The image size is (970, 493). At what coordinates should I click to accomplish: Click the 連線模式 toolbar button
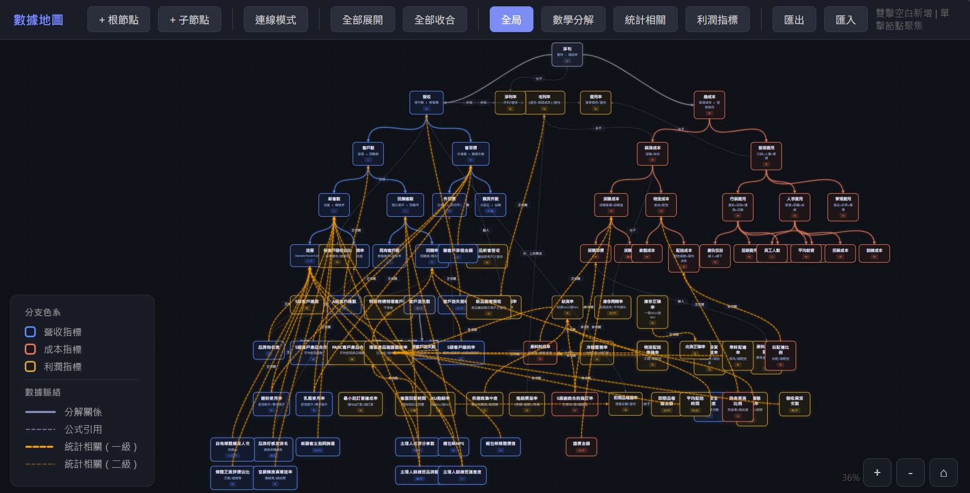point(275,19)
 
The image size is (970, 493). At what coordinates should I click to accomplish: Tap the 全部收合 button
point(434,19)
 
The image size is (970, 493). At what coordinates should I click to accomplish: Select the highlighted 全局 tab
point(511,19)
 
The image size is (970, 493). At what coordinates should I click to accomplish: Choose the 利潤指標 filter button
point(717,19)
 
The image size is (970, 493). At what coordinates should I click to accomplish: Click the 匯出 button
point(794,19)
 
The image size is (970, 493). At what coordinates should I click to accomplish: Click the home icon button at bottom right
point(943,472)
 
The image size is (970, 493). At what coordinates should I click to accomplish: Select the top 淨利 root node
point(567,54)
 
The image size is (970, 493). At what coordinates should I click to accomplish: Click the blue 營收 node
point(427,102)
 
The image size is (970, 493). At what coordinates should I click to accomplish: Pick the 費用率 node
point(596,102)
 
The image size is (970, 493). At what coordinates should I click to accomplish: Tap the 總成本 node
point(709,104)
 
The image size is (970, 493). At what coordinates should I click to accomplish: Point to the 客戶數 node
point(368,153)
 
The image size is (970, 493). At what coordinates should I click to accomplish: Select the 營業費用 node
point(766,156)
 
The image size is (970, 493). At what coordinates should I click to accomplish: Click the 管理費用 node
point(843,207)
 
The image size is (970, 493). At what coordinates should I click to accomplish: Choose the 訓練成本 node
point(874,253)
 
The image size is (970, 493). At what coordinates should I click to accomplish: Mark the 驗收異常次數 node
point(795,404)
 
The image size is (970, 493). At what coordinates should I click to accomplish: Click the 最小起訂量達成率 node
point(361,404)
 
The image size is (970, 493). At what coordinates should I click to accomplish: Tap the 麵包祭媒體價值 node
point(501,446)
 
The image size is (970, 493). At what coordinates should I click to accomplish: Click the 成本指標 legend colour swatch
point(31,349)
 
